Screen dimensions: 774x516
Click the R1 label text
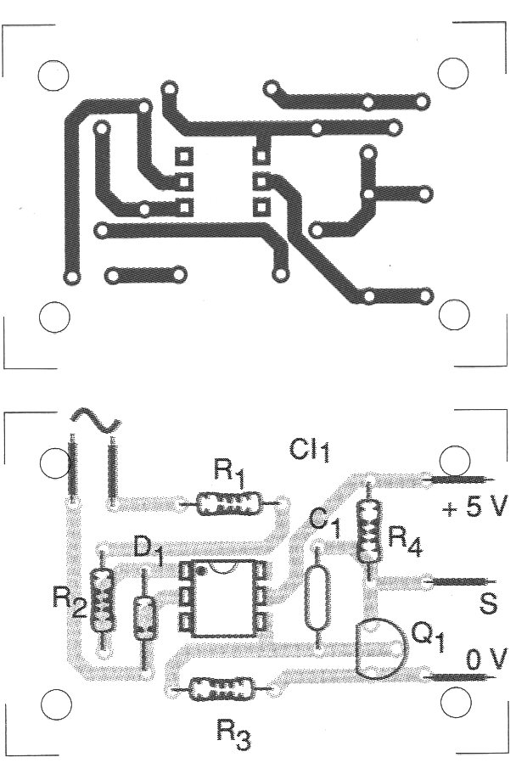[229, 472]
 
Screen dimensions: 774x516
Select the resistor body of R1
[227, 505]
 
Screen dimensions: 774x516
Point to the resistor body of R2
[103, 601]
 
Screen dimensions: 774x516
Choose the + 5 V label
[474, 509]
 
